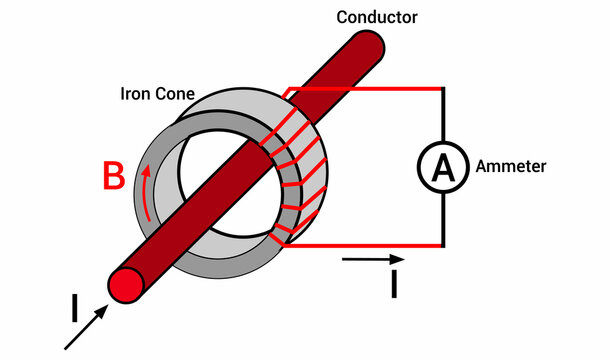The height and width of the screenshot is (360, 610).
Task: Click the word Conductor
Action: (x=376, y=17)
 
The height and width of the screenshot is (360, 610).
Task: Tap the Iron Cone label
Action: (x=158, y=95)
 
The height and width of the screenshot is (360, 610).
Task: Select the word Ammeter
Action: (x=511, y=166)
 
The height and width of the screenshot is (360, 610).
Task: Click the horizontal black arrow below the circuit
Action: (x=371, y=261)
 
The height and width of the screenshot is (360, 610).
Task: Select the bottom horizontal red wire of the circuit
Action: (x=370, y=245)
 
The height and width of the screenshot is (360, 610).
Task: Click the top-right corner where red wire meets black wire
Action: (x=443, y=89)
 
